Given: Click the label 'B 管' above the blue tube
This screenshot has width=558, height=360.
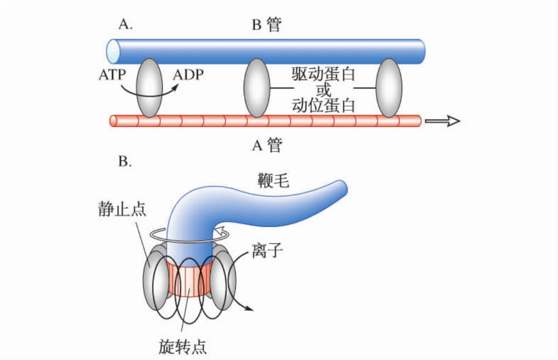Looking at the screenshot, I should click(267, 25).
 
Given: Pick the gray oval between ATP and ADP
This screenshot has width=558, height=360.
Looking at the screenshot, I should click(150, 88).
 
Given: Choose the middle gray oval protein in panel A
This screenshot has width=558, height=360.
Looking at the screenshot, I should click(257, 88).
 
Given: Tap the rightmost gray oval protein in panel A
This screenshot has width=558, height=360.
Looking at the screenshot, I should click(389, 88).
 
